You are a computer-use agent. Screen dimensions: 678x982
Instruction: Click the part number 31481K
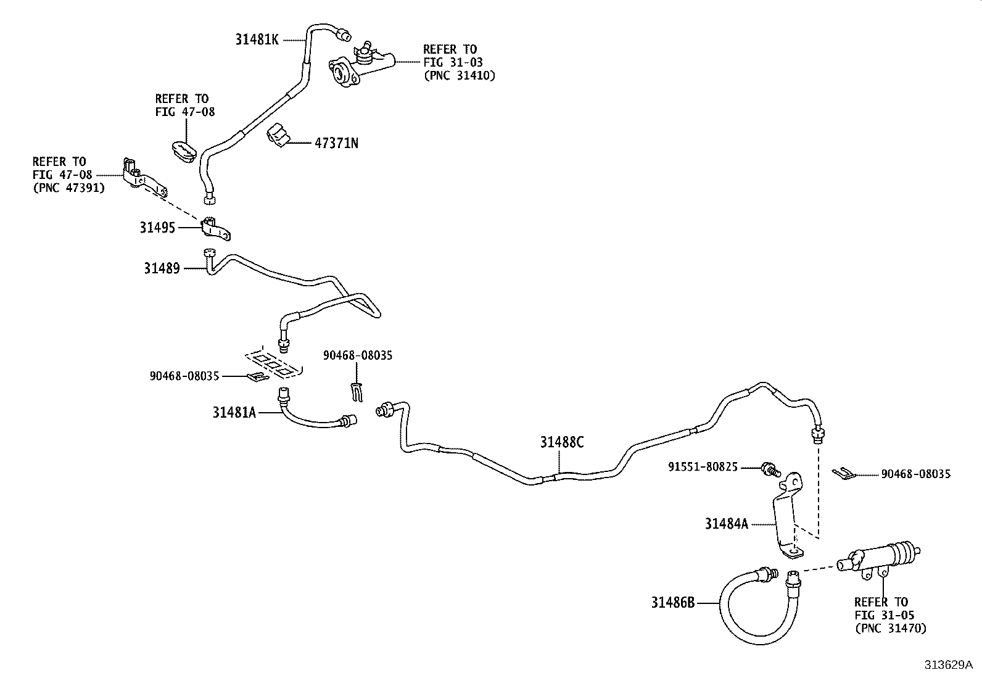pos(257,39)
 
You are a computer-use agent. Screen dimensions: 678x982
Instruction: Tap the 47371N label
pos(336,143)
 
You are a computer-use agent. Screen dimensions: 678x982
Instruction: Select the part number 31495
pos(157,228)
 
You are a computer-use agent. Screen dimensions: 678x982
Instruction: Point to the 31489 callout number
pos(162,268)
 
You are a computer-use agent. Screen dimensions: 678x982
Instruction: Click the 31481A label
pos(234,413)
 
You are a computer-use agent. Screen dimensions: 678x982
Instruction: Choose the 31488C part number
pos(561,442)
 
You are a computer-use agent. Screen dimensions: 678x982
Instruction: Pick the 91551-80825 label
pos(703,467)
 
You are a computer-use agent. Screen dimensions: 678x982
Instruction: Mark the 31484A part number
pos(726,524)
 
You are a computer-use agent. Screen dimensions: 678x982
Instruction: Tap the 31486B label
pos(672,602)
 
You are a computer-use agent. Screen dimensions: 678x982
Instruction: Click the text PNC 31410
pos(459,76)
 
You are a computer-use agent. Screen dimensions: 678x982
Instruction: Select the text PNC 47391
pos(68,188)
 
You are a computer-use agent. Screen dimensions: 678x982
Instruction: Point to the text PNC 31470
pos(890,629)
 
